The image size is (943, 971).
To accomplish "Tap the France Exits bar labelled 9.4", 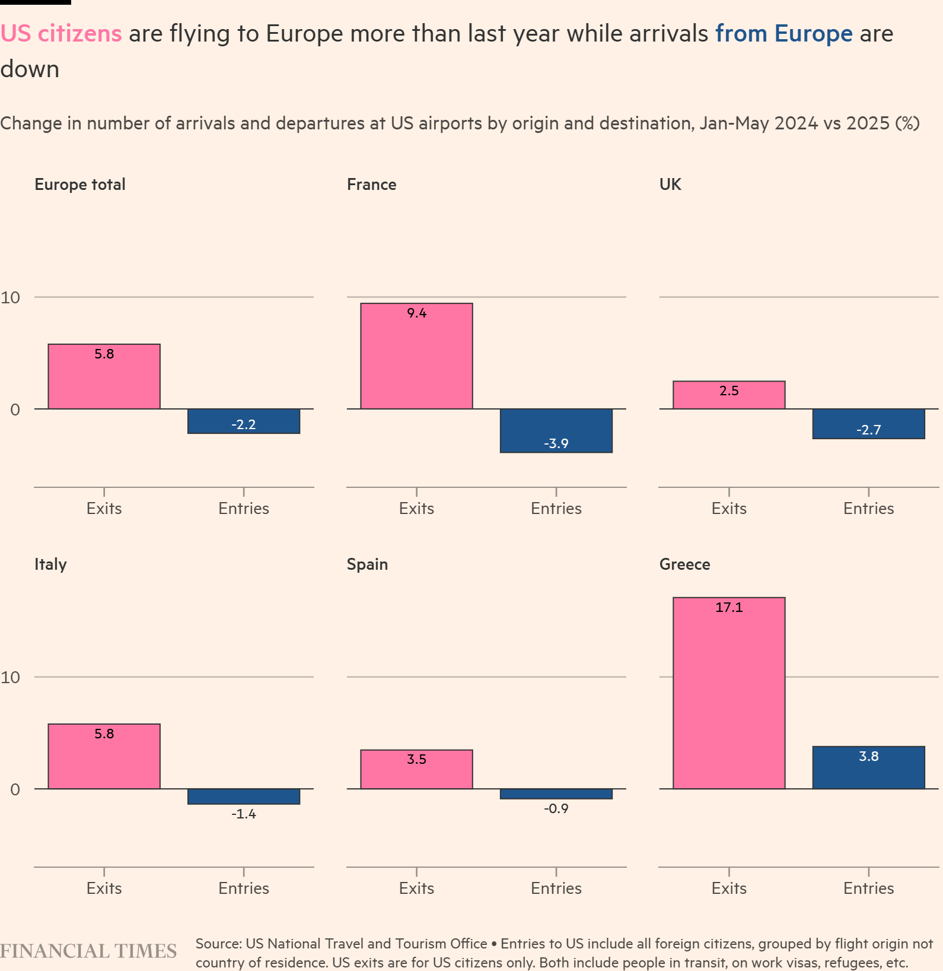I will point(416,356).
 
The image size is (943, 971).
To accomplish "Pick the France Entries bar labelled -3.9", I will point(556,430).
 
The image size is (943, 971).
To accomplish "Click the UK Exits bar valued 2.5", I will point(729,395).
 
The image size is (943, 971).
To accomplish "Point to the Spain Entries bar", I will point(556,794).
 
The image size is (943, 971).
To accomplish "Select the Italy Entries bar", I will point(244,797).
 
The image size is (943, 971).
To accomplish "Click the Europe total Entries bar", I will point(244,421).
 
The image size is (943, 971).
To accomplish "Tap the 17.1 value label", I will point(729,607).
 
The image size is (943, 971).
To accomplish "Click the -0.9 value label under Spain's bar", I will point(556,808).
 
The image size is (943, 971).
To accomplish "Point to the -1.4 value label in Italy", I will point(244,814).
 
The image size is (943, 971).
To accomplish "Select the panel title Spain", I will point(367,564).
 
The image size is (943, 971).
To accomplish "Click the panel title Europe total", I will point(80,184).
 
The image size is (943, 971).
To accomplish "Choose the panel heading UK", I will point(670,184).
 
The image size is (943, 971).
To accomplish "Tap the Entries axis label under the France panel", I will point(556,508).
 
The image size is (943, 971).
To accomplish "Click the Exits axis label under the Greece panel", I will point(729,888).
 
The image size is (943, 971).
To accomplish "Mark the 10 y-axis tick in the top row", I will point(11,297).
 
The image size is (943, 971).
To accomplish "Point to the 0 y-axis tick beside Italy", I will point(15,789).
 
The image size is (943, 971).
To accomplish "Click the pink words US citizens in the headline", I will point(61,33).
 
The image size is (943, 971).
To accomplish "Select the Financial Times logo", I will point(88,951).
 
